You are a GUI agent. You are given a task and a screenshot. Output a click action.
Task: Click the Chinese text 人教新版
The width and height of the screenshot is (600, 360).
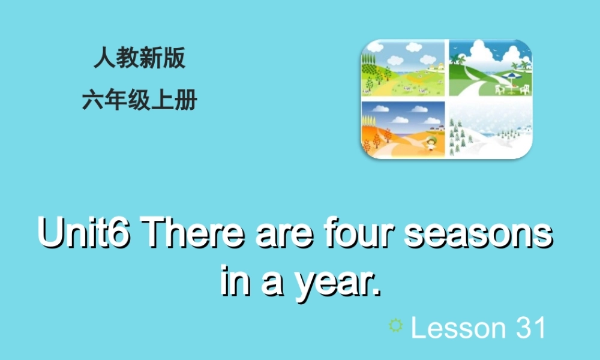(x=139, y=59)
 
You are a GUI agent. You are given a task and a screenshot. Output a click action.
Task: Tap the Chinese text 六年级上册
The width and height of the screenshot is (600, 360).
(x=139, y=101)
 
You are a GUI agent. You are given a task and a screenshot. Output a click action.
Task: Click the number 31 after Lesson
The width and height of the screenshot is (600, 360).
(x=530, y=328)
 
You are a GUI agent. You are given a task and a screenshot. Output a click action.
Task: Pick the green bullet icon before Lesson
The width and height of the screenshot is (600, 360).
(x=395, y=325)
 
